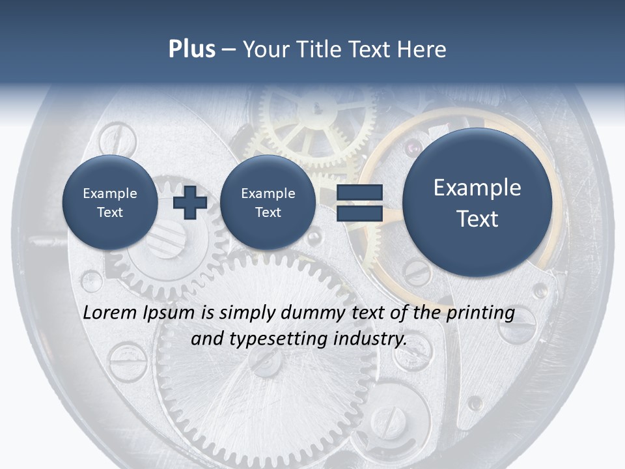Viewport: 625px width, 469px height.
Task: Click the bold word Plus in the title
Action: pos(191,50)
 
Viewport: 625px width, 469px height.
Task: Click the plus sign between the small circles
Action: pos(190,203)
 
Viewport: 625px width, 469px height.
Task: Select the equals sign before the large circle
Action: pos(359,203)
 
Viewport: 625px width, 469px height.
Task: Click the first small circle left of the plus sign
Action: pos(109,203)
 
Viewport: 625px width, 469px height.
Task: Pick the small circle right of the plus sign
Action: pos(268,203)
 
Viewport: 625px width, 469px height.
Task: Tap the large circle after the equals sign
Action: pos(477,203)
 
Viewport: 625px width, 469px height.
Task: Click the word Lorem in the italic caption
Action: pos(111,313)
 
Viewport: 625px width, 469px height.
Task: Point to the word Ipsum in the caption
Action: pos(169,313)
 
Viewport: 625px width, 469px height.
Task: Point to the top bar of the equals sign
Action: pos(359,193)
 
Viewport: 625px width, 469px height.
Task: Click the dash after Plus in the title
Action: pos(229,50)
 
